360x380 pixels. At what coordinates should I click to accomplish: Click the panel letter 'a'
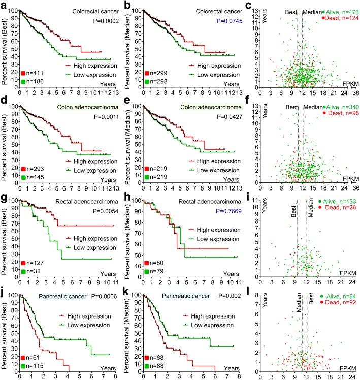coord(4,5)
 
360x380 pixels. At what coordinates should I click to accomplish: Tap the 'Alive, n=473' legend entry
coord(339,11)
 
